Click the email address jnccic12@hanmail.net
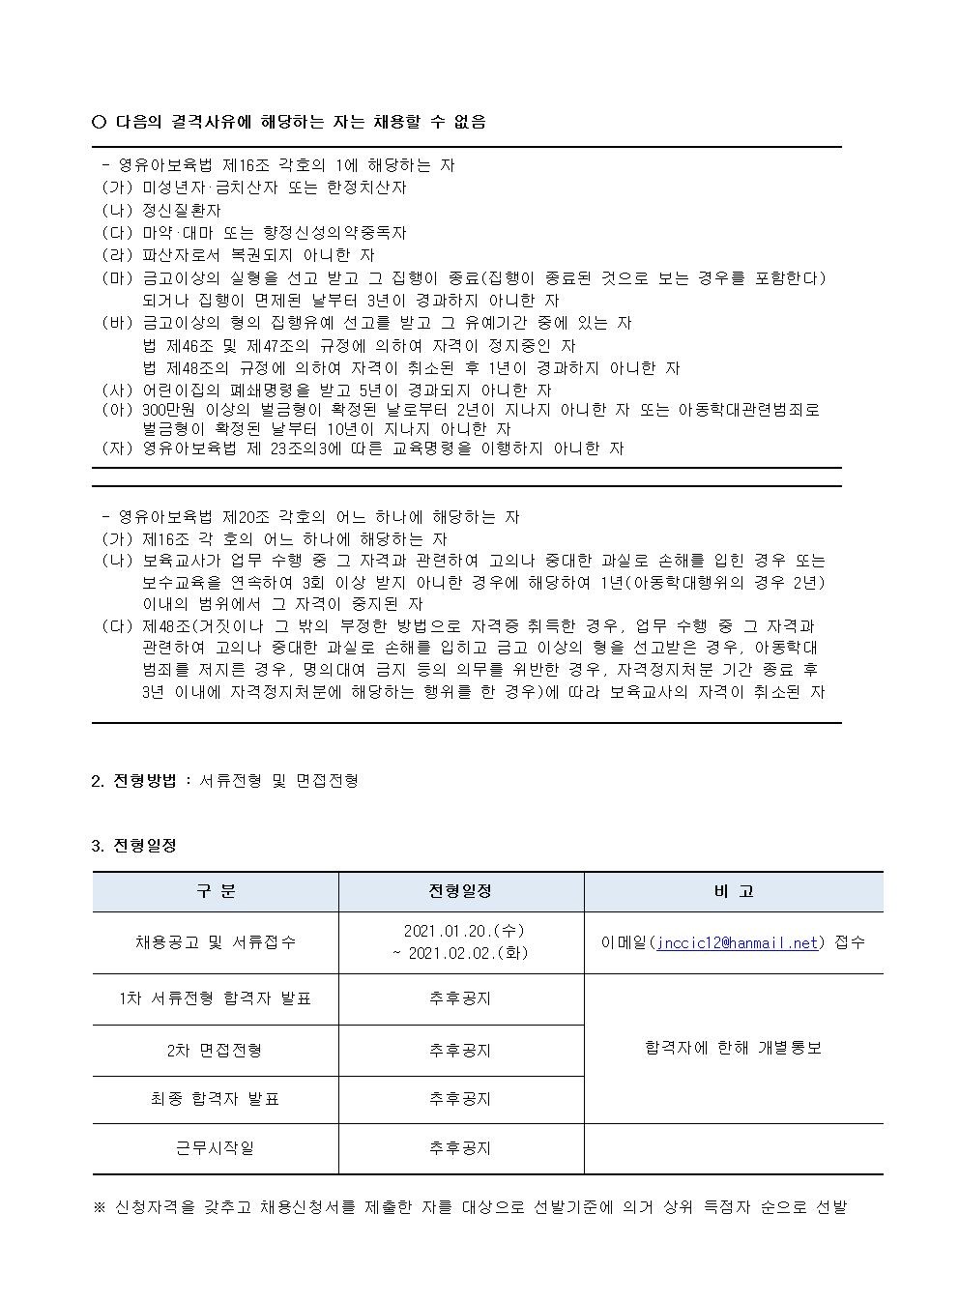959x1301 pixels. (x=738, y=942)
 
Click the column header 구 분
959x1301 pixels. (x=216, y=891)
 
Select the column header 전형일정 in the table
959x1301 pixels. (x=460, y=891)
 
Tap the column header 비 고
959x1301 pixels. (x=733, y=891)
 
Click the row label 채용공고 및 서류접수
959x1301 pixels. (x=216, y=942)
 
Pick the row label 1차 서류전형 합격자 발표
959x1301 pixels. (x=216, y=998)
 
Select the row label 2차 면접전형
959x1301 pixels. (x=215, y=1050)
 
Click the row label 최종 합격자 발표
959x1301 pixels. (x=215, y=1099)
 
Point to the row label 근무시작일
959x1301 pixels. (x=215, y=1148)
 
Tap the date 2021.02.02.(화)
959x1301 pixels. (x=460, y=953)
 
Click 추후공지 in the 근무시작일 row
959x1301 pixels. (x=460, y=1148)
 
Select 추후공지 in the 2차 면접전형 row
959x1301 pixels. (x=460, y=1050)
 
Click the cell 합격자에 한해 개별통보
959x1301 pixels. (x=733, y=1048)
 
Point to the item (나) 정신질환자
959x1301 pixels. (x=161, y=210)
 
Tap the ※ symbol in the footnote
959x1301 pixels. (x=99, y=1207)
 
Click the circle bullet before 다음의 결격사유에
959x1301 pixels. (x=99, y=122)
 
